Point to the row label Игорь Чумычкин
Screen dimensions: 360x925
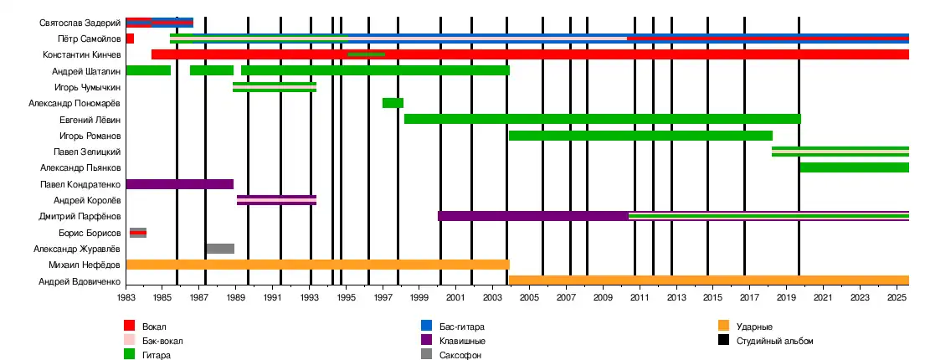(x=87, y=87)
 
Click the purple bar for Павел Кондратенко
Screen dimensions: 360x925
(x=179, y=184)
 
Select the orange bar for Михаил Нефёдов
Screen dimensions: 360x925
(x=317, y=265)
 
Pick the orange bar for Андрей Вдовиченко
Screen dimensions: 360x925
(x=708, y=280)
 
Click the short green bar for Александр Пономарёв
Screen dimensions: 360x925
(x=393, y=103)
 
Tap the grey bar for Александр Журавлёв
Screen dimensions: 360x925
(x=220, y=249)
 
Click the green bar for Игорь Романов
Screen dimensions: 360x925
(x=640, y=136)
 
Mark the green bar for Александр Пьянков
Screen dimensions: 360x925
(x=854, y=167)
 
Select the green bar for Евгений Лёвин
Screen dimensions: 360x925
(x=602, y=119)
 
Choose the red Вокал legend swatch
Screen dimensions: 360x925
(x=129, y=326)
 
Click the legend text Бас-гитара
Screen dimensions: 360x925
(x=461, y=326)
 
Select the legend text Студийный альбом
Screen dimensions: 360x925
(x=774, y=341)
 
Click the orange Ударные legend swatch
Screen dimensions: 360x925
(x=723, y=326)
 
